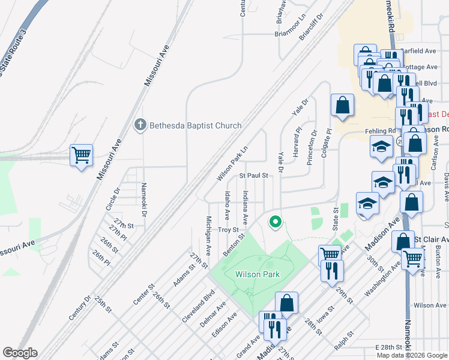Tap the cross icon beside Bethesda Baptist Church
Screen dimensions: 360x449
[x=139, y=125]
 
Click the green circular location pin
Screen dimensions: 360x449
[x=276, y=223]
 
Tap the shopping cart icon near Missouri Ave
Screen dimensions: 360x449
[x=81, y=155]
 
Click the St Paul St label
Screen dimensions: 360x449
[x=253, y=176]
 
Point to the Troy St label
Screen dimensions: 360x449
[x=229, y=230]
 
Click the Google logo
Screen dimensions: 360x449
[x=20, y=353]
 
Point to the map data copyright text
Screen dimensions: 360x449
[x=412, y=355]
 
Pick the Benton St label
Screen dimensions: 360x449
[x=235, y=245]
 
